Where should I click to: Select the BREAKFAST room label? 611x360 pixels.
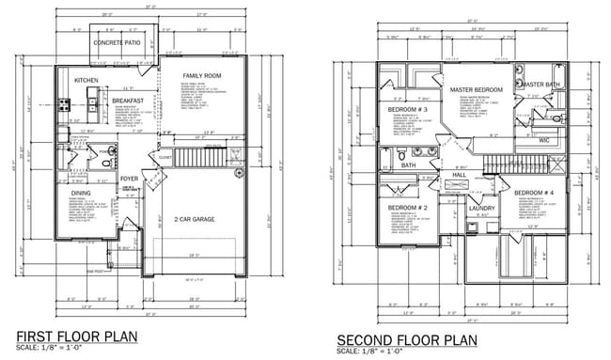[x=128, y=101]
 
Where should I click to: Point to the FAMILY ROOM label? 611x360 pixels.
[x=202, y=74]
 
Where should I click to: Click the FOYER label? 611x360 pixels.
[x=129, y=175]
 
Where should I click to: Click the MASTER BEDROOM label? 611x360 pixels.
[x=476, y=90]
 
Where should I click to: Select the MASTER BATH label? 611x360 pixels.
[x=542, y=85]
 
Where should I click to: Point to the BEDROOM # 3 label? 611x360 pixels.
[x=408, y=111]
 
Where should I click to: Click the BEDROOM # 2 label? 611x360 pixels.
[x=408, y=207]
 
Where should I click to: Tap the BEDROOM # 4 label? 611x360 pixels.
[x=532, y=193]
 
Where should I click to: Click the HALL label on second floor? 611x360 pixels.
[x=460, y=175]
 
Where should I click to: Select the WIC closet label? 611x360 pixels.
[x=543, y=140]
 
